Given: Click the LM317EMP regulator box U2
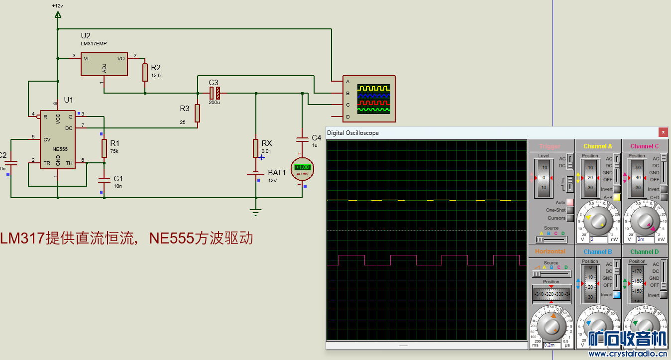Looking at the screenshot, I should click(x=104, y=64).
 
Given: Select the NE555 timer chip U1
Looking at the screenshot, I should click(x=58, y=139).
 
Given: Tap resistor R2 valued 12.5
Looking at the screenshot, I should click(x=145, y=72).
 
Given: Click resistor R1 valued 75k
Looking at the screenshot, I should click(x=104, y=148).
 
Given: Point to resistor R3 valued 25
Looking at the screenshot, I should click(x=197, y=113).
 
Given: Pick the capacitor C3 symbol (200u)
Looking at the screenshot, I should click(x=215, y=93).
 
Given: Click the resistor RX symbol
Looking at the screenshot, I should click(x=256, y=148).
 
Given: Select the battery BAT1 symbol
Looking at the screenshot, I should click(x=256, y=174).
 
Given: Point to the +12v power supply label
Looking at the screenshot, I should click(x=57, y=5).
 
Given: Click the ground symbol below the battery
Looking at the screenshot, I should click(x=256, y=213).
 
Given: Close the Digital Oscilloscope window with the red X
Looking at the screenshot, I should click(x=663, y=132).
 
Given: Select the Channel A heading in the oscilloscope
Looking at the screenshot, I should click(x=598, y=146).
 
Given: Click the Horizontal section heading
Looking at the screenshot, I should click(x=550, y=251).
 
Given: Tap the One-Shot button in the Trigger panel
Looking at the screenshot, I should click(x=570, y=210).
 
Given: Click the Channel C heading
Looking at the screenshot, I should click(x=644, y=146).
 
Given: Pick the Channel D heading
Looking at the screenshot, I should click(x=644, y=251).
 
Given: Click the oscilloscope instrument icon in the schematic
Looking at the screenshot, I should click(x=369, y=99).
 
